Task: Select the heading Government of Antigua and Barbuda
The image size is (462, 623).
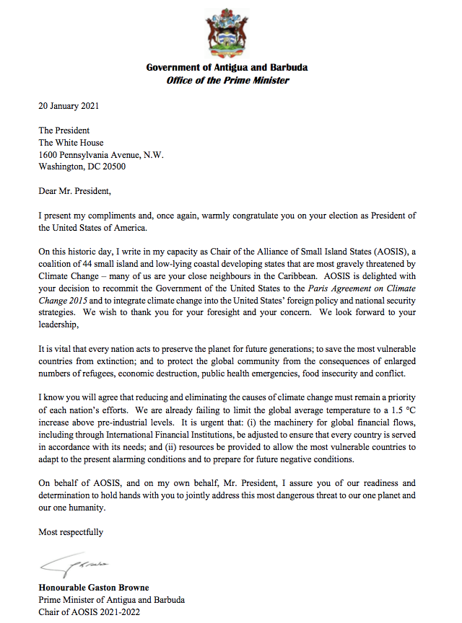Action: pyautogui.click(x=227, y=68)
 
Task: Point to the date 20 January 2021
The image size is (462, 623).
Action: pyautogui.click(x=69, y=106)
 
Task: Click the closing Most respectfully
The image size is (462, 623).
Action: pyautogui.click(x=71, y=532)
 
